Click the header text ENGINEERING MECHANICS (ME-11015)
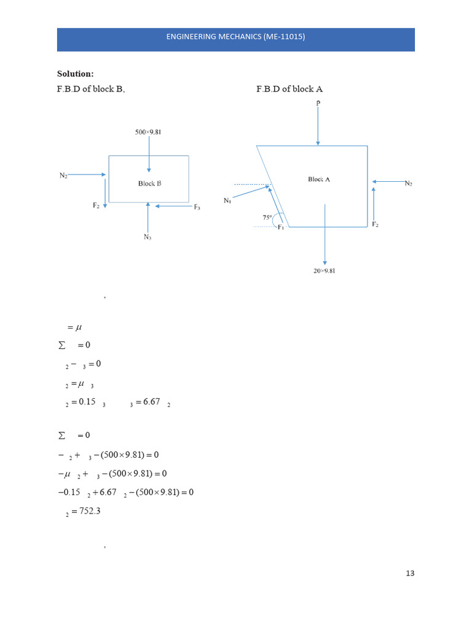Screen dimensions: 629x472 pos(235,37)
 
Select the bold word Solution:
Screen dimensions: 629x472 pos(76,74)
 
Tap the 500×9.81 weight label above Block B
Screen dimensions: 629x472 pos(148,132)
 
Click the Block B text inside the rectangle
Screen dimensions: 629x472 pos(149,183)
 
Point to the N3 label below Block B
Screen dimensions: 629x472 pos(147,237)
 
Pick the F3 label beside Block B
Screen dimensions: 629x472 pos(197,208)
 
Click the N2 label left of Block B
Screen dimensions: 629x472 pos(63,176)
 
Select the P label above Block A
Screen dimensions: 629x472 pos(318,103)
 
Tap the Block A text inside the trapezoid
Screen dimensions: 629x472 pos(319,179)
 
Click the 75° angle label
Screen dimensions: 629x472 pos(267,217)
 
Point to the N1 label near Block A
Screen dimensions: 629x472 pos(227,200)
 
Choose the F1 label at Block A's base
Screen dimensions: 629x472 pos(281,228)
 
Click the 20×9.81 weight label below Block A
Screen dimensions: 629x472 pos(324,271)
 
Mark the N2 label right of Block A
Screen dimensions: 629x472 pos(408,183)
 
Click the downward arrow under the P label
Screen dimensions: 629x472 pos(318,127)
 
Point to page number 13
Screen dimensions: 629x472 pos(410,573)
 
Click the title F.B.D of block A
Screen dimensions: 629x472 pos(289,89)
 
